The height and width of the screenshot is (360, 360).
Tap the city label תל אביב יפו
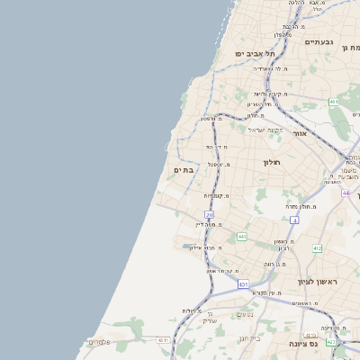[255, 54]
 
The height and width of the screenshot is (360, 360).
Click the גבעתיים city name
[319, 42]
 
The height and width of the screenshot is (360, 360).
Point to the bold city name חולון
[273, 163]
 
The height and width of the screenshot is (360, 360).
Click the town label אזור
[301, 133]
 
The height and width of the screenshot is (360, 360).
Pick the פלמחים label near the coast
[98, 342]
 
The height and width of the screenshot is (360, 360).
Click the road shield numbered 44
[346, 193]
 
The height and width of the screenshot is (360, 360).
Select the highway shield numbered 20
[209, 214]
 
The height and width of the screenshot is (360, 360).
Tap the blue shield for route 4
[293, 220]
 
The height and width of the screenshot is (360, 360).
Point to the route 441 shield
[242, 236]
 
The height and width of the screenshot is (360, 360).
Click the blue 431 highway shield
[243, 283]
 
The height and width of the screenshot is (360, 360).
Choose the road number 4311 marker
[163, 340]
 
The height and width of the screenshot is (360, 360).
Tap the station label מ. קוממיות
[216, 195]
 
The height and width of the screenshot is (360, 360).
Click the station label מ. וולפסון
[211, 119]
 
